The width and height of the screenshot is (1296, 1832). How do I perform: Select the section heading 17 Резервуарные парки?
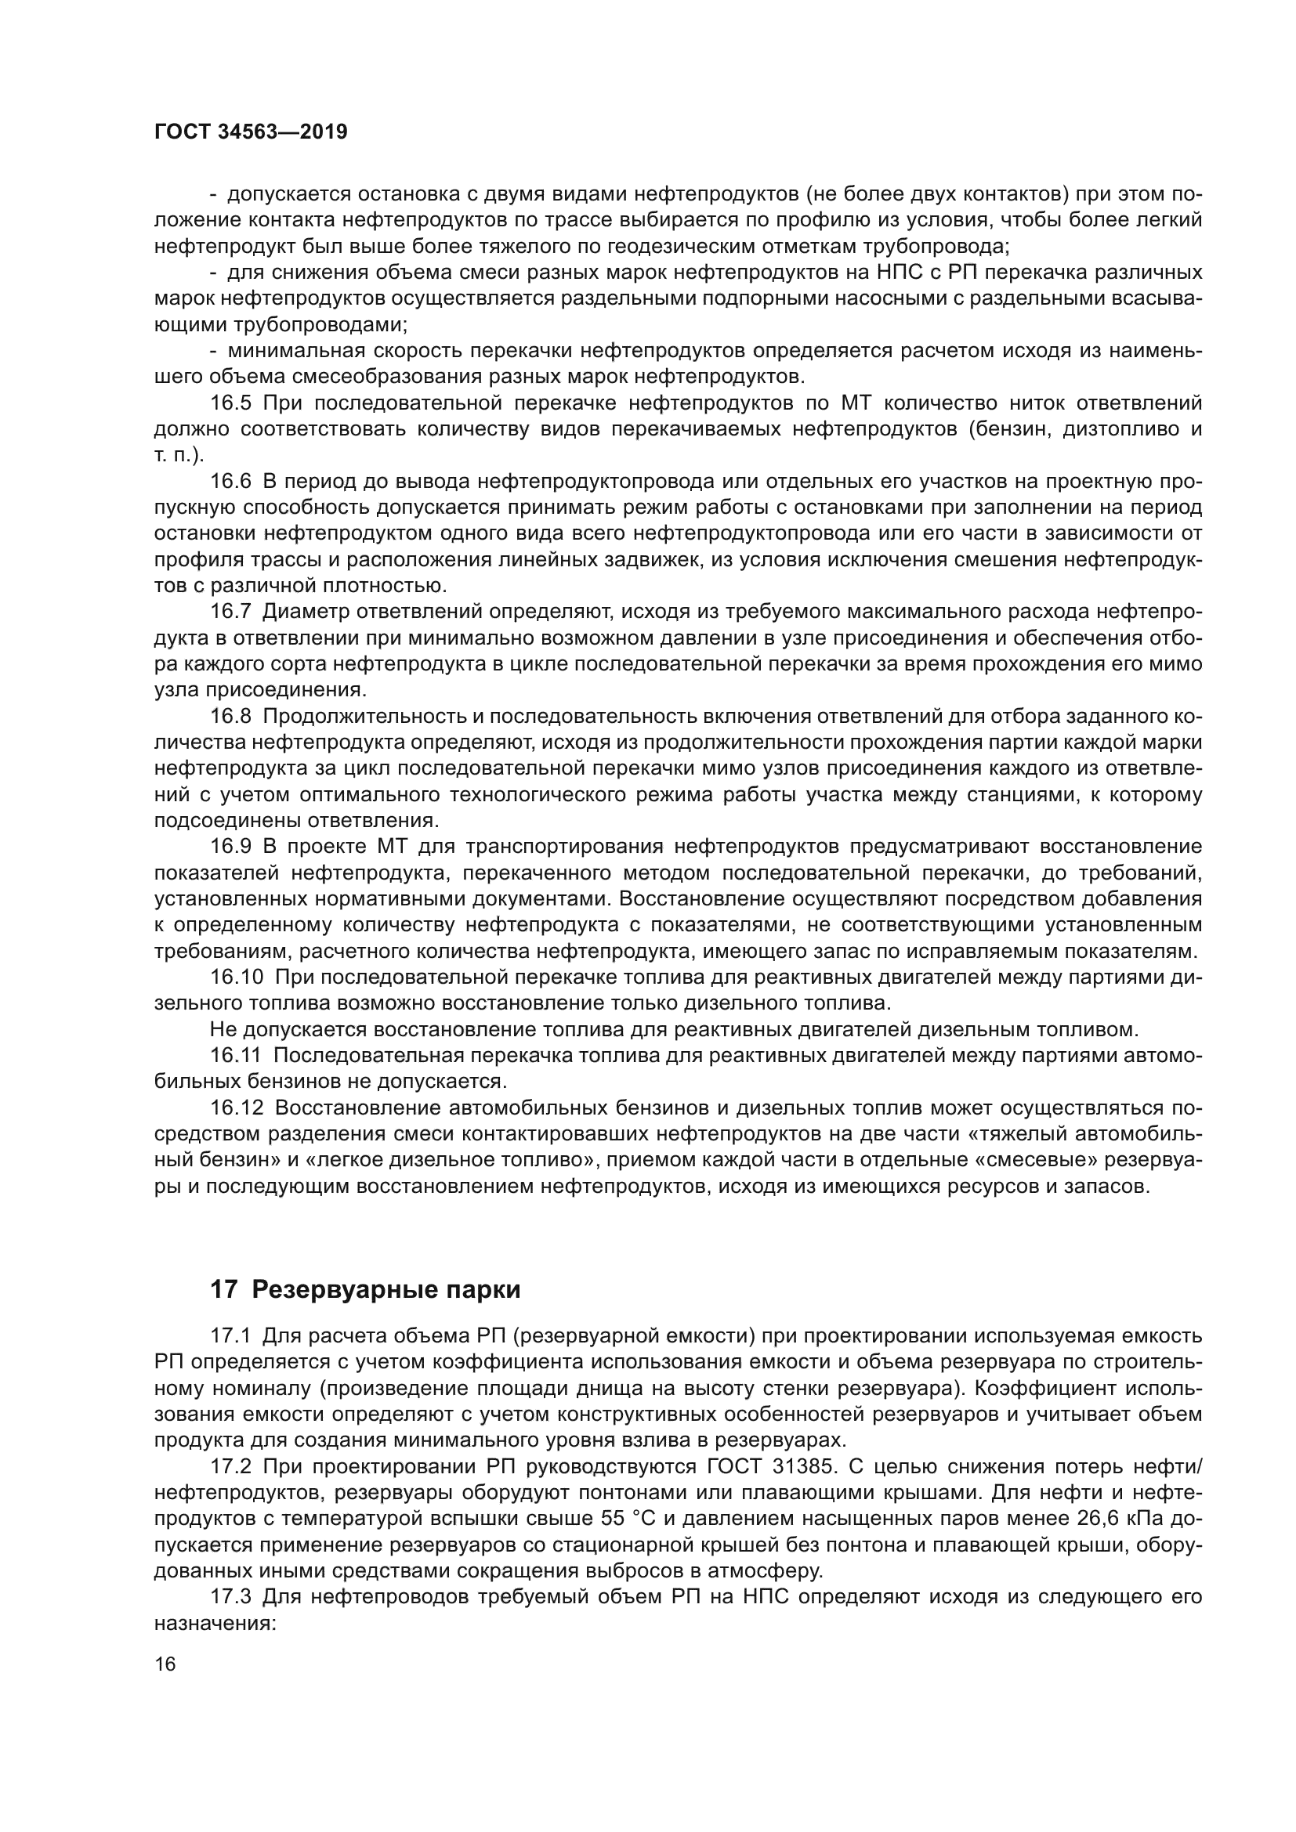click(x=364, y=1290)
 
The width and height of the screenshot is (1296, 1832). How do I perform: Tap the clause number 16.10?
click(x=236, y=977)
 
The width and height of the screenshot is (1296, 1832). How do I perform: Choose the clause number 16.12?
click(x=236, y=1108)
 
